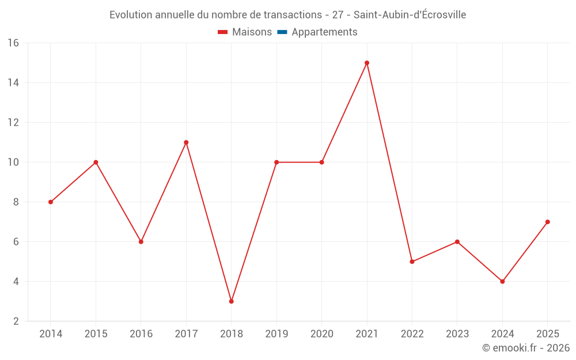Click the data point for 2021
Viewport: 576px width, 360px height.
coord(367,63)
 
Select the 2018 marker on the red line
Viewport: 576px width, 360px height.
coord(232,301)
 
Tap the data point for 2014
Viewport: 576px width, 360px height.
coord(51,202)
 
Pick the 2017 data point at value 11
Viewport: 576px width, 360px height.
coord(186,142)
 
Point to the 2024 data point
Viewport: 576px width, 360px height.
coord(502,282)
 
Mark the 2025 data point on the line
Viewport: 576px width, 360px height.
coord(548,222)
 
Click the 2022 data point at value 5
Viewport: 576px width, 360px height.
coord(412,262)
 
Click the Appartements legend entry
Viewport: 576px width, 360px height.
coord(324,32)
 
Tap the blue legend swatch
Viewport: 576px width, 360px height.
coord(282,32)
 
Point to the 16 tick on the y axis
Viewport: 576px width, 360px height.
coord(13,43)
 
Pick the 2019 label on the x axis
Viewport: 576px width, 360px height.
coord(276,334)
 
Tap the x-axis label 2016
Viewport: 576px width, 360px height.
coord(141,334)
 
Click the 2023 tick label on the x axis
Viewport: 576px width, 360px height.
coord(457,334)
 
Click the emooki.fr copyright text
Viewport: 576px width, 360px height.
coord(526,348)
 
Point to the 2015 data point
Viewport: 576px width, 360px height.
coord(96,162)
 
